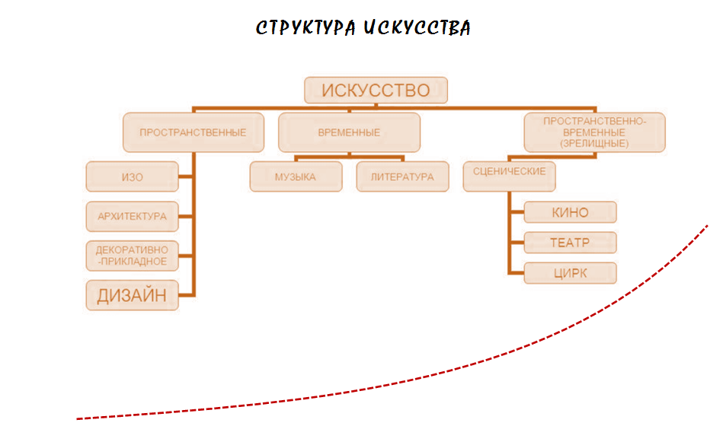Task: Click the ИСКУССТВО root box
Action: (376, 91)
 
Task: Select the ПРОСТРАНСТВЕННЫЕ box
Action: (193, 132)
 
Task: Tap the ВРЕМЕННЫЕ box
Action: (349, 132)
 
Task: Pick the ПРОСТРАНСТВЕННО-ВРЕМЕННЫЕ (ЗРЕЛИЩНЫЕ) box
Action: (594, 132)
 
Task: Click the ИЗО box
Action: (133, 177)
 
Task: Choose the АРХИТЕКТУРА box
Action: (133, 216)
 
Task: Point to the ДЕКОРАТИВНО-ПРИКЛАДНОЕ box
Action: (133, 255)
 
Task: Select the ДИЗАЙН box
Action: (133, 295)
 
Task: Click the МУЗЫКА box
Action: (296, 177)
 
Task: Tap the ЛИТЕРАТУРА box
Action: (402, 177)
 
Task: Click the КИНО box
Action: (570, 211)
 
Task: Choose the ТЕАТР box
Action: (570, 243)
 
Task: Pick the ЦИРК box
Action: (570, 273)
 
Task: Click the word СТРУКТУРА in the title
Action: (305, 28)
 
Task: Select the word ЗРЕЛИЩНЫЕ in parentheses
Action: (594, 142)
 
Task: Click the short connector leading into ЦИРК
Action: (516, 273)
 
